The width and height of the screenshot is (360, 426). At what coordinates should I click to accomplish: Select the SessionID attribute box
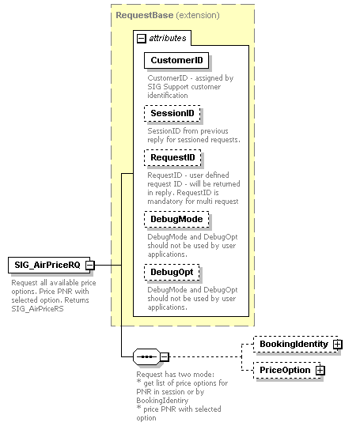click(x=172, y=114)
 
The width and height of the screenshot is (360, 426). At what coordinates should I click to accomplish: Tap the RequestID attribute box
click(x=172, y=158)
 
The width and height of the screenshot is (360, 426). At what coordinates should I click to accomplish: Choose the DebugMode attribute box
click(x=176, y=219)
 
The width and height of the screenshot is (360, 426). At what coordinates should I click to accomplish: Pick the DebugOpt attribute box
click(x=172, y=272)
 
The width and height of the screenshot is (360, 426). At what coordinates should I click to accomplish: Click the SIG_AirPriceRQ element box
click(x=46, y=265)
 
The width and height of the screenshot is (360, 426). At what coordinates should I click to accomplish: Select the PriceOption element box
click(x=285, y=370)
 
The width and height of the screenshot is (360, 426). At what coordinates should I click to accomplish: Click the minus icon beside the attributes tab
click(x=141, y=38)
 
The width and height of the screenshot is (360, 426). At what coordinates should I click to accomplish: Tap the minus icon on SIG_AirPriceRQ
click(x=90, y=265)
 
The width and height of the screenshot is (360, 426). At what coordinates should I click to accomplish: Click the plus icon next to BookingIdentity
click(x=338, y=345)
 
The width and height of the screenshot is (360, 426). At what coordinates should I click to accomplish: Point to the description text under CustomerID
click(x=190, y=87)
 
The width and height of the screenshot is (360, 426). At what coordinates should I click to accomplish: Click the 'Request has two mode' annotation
click(x=178, y=395)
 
